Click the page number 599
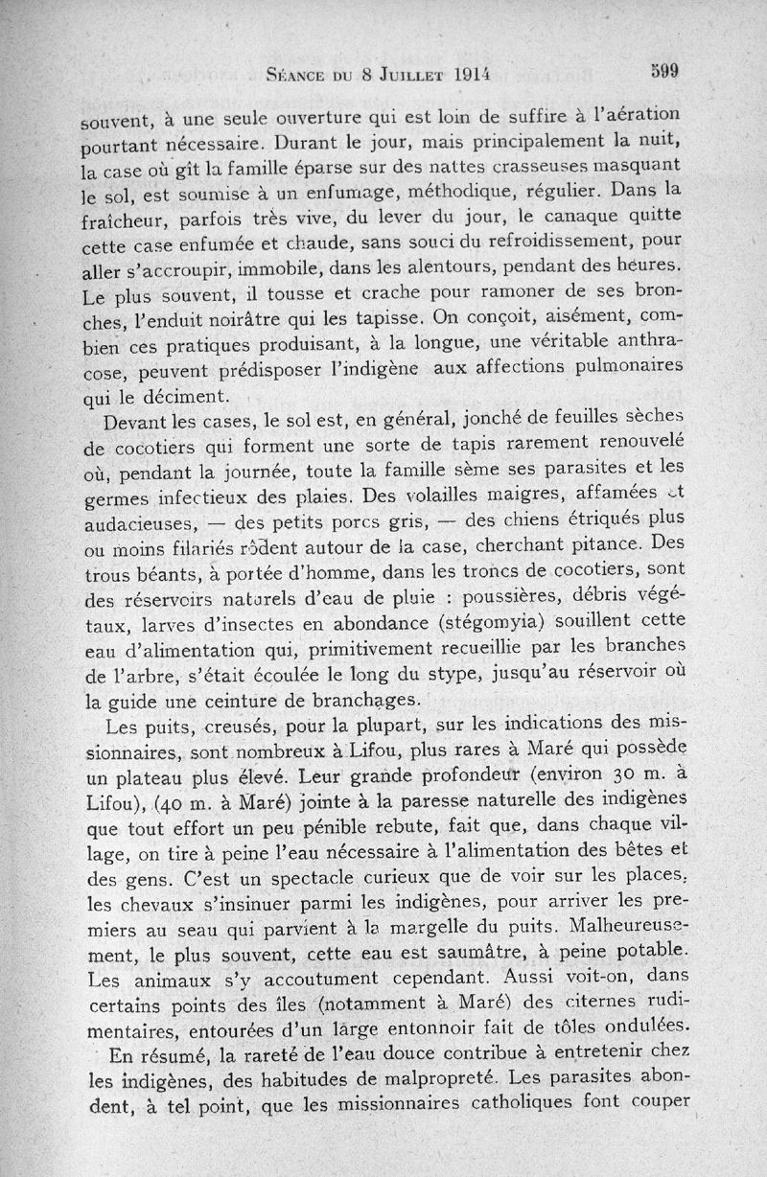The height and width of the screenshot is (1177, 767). (663, 70)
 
